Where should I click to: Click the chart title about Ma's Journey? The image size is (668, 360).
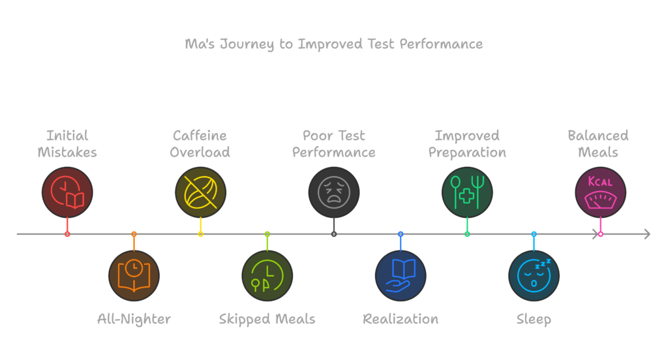tap(333, 44)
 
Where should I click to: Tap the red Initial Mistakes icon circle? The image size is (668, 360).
tap(67, 192)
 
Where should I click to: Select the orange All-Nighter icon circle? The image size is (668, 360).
tap(134, 275)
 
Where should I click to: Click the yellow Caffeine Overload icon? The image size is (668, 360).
tap(200, 192)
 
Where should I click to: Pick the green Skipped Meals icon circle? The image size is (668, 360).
tap(267, 275)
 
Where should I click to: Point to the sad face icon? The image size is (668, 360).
tap(334, 192)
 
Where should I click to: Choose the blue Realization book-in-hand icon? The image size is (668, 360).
tap(401, 275)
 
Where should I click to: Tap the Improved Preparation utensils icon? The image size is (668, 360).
tap(467, 192)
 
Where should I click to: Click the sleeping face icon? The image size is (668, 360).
tap(534, 275)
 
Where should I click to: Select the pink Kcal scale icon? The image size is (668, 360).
tap(600, 192)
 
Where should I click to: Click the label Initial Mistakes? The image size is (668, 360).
tap(67, 144)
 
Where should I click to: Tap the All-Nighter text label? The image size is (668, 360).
tap(134, 319)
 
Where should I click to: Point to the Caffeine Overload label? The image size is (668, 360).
tap(200, 144)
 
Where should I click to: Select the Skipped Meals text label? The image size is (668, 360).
tap(267, 319)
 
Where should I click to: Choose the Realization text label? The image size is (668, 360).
tap(401, 319)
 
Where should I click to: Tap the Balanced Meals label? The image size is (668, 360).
tap(598, 144)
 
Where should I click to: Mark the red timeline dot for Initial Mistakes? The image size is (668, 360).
tap(67, 234)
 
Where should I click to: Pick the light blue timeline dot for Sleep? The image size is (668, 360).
tap(534, 234)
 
